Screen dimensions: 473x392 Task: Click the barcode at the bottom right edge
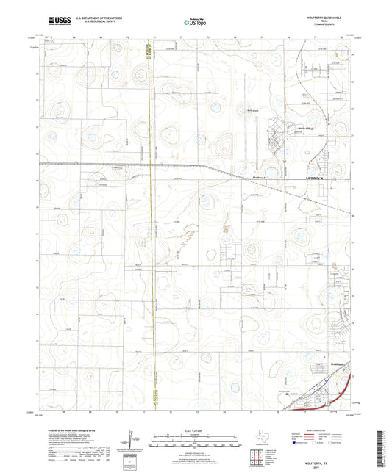385,438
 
